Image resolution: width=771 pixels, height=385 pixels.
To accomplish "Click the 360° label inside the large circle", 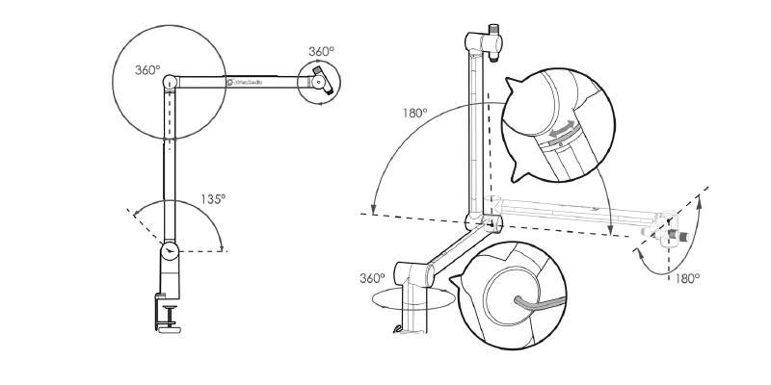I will coord(148,70).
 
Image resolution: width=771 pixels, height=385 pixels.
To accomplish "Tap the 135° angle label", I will coord(213,199).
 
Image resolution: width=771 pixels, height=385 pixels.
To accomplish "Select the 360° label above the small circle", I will coord(321,51).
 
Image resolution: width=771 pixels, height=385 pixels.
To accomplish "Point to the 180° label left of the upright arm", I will coord(415,113).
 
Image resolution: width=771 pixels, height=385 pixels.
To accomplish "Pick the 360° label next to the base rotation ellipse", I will coord(372,278).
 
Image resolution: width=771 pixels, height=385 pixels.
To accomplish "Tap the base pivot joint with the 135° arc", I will coord(170,250).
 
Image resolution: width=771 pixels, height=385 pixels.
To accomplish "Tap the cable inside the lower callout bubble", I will coord(524,302).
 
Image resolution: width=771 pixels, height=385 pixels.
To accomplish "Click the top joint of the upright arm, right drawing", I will coord(474,40).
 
